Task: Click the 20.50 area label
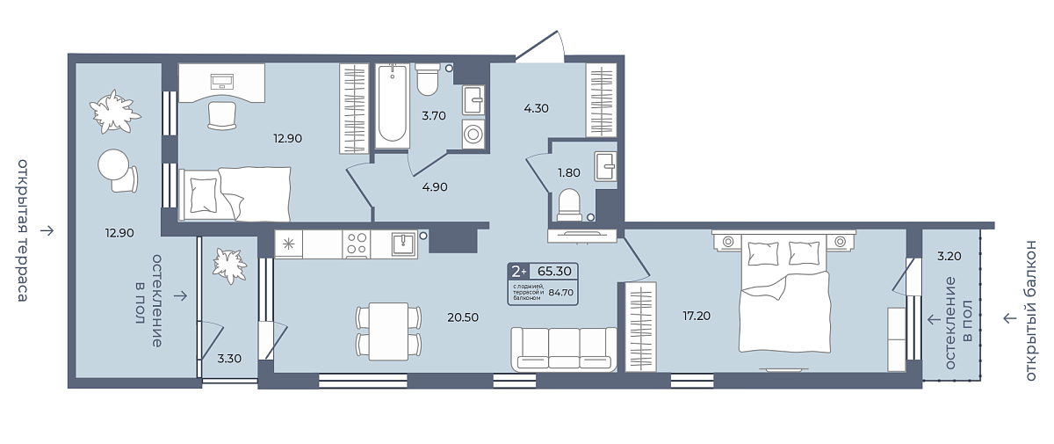463,317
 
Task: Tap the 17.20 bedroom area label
697,316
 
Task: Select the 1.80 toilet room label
569,173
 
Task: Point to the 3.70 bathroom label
433,116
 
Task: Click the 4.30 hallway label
536,108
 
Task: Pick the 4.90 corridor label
435,187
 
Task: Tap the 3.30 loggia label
229,359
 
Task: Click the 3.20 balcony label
949,256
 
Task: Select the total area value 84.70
561,293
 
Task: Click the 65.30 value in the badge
554,271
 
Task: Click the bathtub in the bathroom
393,106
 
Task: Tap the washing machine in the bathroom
473,134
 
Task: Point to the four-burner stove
357,244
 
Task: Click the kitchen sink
404,244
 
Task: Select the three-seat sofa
564,349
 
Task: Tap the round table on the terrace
113,164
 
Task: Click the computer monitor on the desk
222,82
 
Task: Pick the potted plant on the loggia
229,266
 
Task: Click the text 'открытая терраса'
23,230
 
